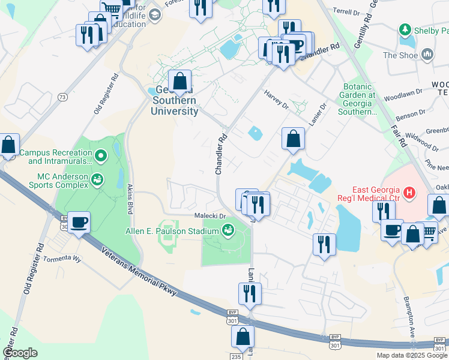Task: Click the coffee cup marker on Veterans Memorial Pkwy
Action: pyautogui.click(x=79, y=223)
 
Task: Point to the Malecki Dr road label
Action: pyautogui.click(x=209, y=215)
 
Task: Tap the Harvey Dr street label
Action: pyautogui.click(x=277, y=100)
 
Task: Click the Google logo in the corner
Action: pyautogui.click(x=20, y=353)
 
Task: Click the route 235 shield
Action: pyautogui.click(x=235, y=356)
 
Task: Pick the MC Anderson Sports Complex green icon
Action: pyautogui.click(x=97, y=179)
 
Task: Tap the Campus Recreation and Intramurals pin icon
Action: pyautogui.click(x=101, y=157)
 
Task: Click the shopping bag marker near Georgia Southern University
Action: pyautogui.click(x=179, y=80)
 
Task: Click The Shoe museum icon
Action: pyautogui.click(x=428, y=55)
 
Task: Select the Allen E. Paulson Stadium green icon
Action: pyautogui.click(x=228, y=229)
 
